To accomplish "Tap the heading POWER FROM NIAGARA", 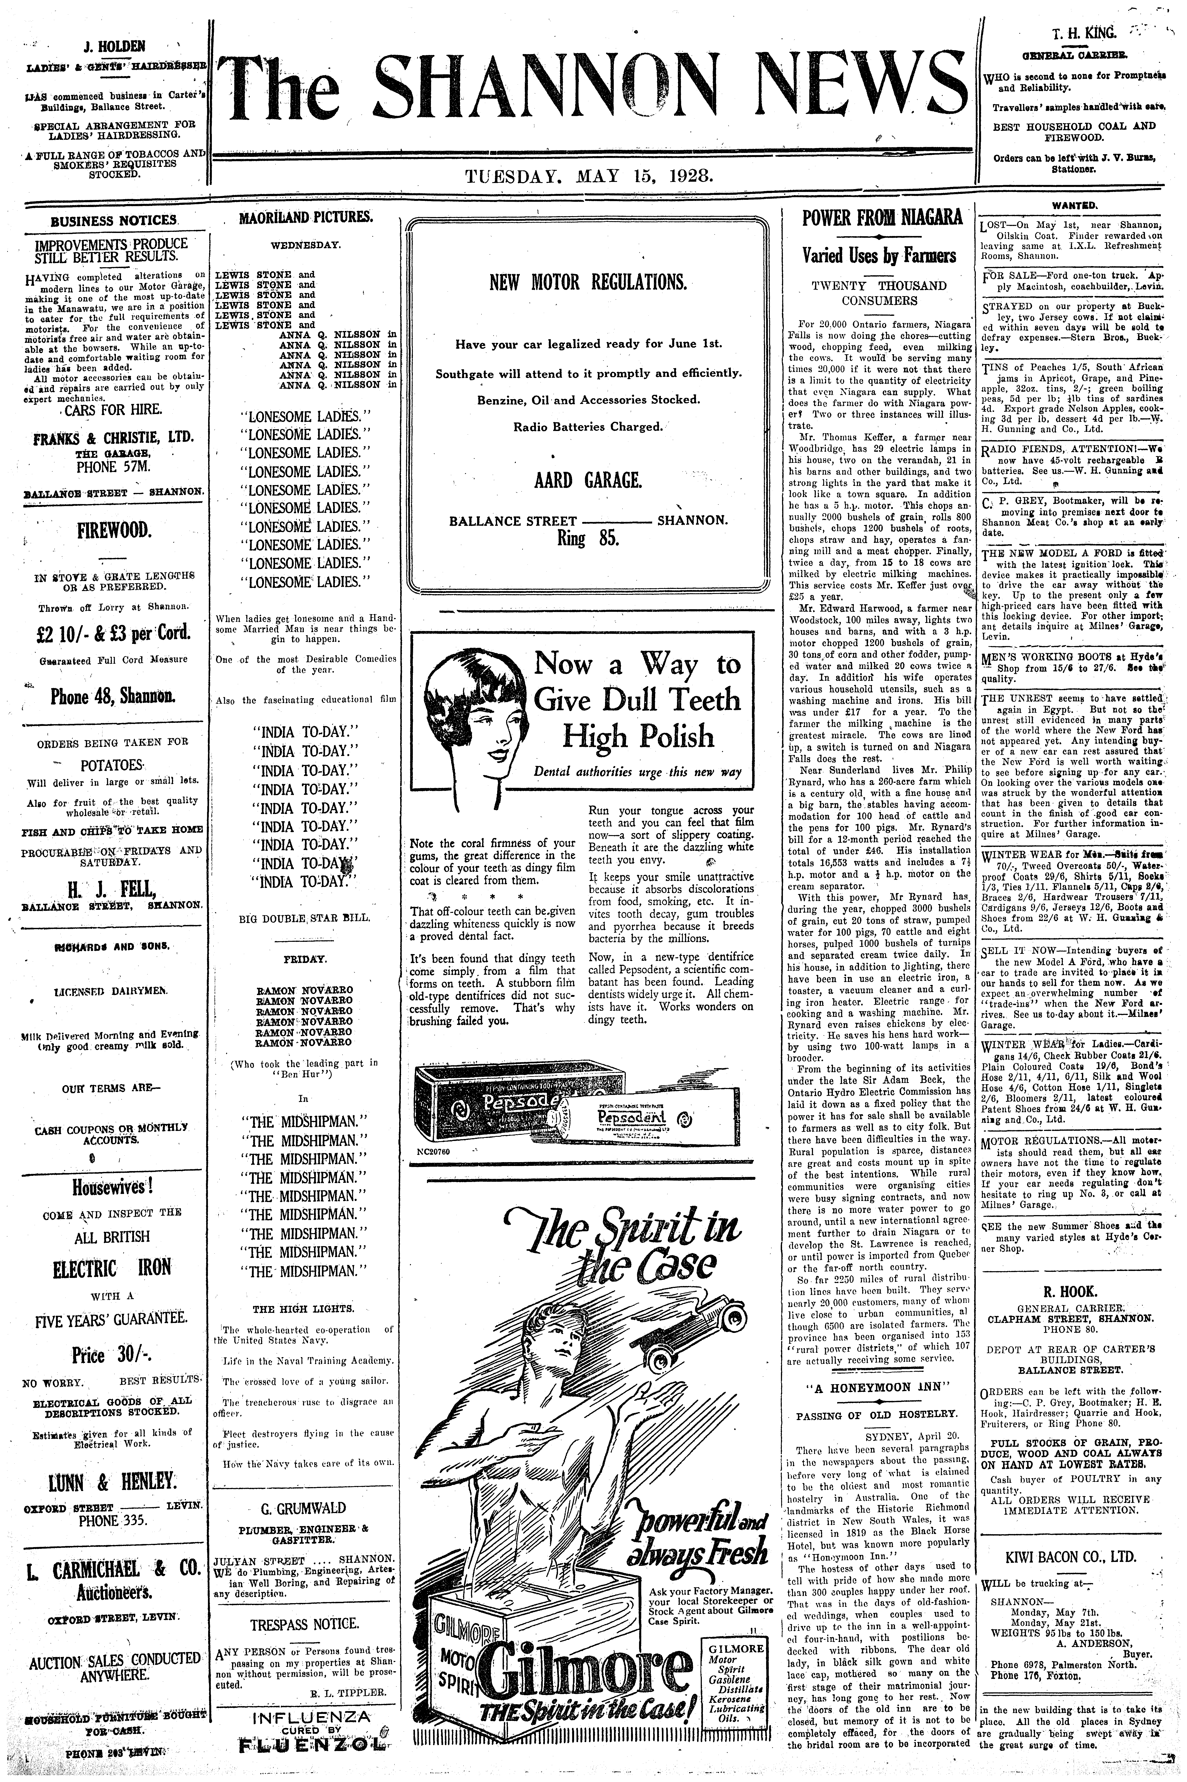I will pyautogui.click(x=882, y=218).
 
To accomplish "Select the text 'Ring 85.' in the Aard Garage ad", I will pyautogui.click(x=588, y=539).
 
